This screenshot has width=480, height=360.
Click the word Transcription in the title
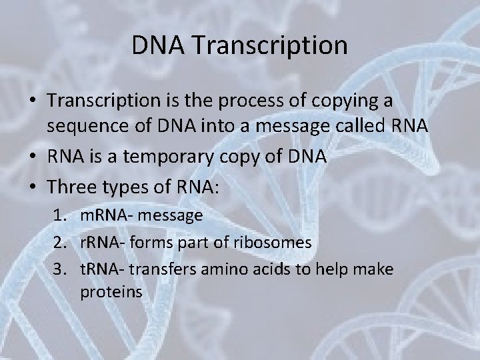point(270,46)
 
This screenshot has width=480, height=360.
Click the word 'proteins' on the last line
point(111,292)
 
